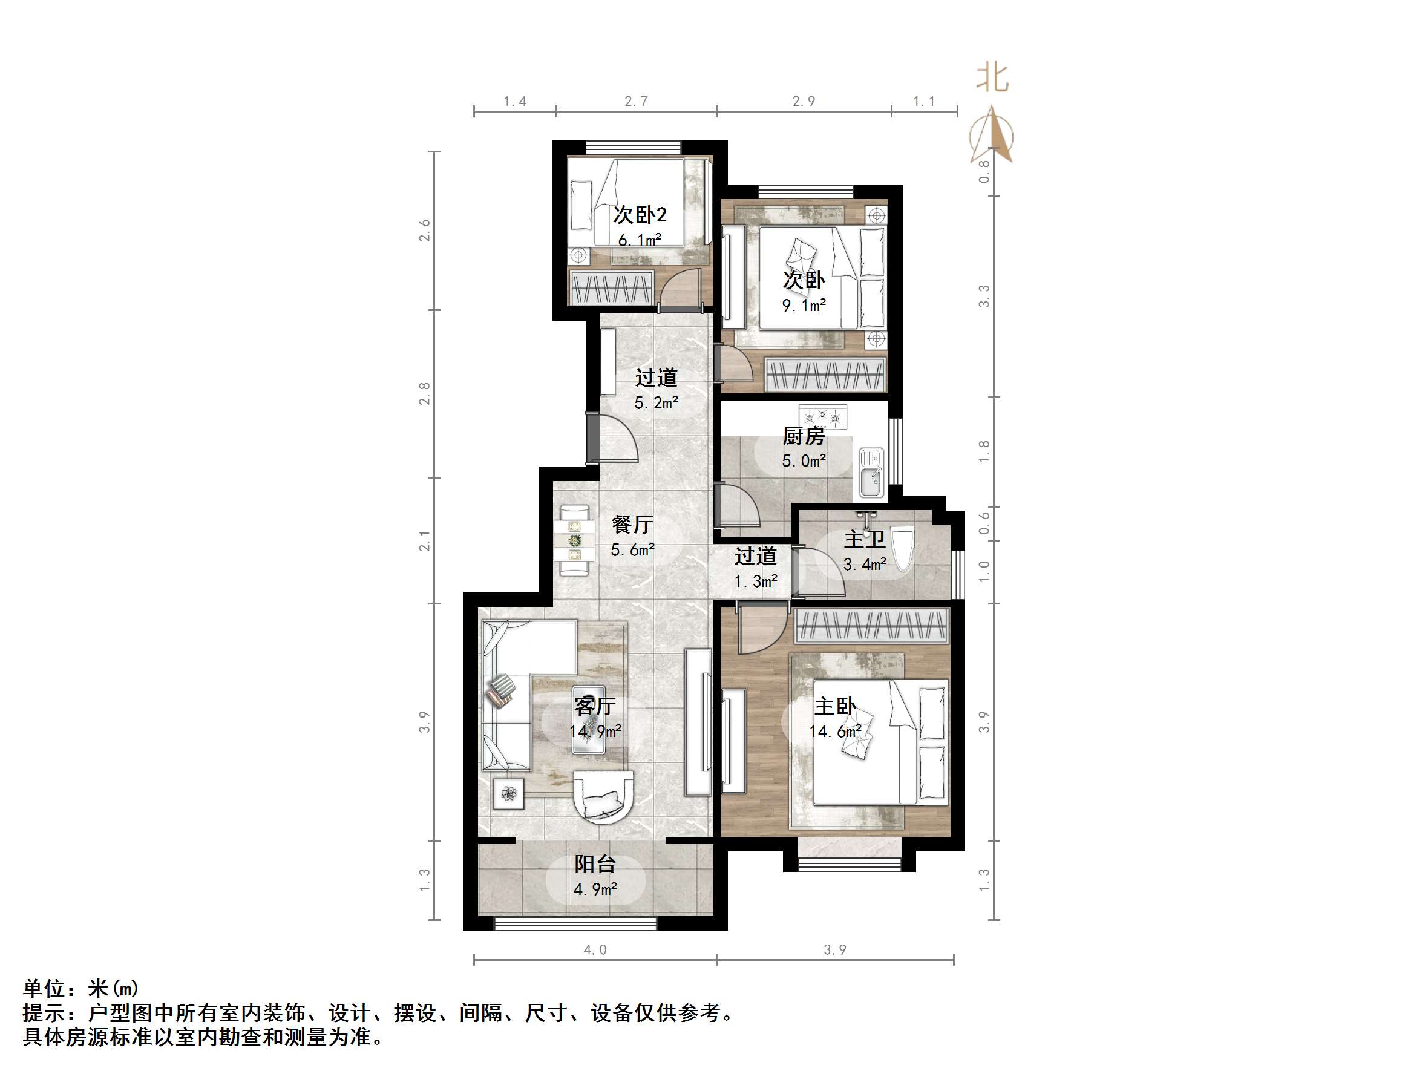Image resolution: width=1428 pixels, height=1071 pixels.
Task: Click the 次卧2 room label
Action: click(x=639, y=214)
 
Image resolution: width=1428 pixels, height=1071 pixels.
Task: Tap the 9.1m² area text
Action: click(x=804, y=306)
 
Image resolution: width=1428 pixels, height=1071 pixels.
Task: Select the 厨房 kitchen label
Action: click(x=804, y=436)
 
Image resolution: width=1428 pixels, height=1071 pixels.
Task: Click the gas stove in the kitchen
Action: click(x=822, y=416)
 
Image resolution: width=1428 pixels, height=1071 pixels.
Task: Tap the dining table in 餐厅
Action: click(x=574, y=540)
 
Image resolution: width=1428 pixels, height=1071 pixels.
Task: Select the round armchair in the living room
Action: click(x=604, y=797)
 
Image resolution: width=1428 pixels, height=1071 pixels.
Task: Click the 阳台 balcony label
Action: click(x=595, y=864)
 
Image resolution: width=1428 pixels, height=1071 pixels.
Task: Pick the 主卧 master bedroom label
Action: click(x=835, y=706)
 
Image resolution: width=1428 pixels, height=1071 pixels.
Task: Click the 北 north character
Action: click(x=992, y=78)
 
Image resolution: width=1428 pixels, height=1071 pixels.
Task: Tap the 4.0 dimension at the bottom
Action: click(x=595, y=949)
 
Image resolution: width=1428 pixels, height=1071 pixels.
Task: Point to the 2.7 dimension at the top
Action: click(x=636, y=102)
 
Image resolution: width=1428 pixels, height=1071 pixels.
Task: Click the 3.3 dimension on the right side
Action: click(x=983, y=296)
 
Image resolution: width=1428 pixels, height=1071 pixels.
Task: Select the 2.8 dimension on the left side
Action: click(x=424, y=394)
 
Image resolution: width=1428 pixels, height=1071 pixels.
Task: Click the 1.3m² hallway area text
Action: click(x=755, y=581)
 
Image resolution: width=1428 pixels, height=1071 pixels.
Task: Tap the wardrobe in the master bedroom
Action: click(x=871, y=626)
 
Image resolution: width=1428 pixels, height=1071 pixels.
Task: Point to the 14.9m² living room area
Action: click(x=595, y=732)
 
